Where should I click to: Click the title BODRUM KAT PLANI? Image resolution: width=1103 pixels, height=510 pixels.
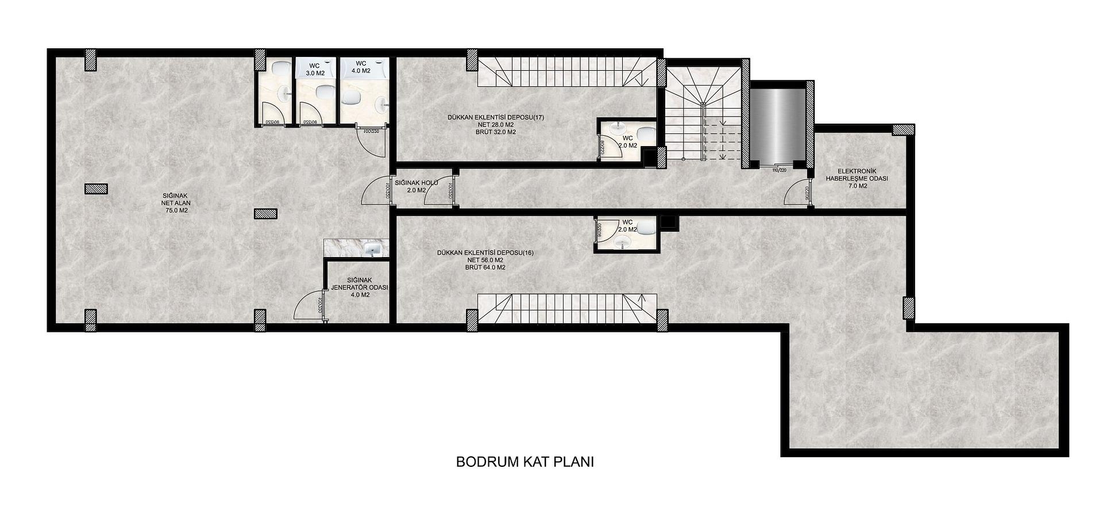pyautogui.click(x=524, y=462)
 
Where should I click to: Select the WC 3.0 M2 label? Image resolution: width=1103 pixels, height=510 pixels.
pyautogui.click(x=314, y=70)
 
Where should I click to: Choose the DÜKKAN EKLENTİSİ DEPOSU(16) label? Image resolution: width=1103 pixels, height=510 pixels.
pyautogui.click(x=485, y=260)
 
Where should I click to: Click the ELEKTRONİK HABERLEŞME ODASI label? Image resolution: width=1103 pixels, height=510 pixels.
pyautogui.click(x=857, y=178)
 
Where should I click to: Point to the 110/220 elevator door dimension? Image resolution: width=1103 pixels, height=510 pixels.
pyautogui.click(x=779, y=170)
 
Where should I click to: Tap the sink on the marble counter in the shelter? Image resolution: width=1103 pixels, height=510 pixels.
pyautogui.click(x=372, y=248)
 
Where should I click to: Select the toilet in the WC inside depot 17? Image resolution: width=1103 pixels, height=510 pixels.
pyautogui.click(x=646, y=133)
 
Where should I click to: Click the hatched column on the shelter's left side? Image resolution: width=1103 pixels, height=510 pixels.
pyautogui.click(x=95, y=189)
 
